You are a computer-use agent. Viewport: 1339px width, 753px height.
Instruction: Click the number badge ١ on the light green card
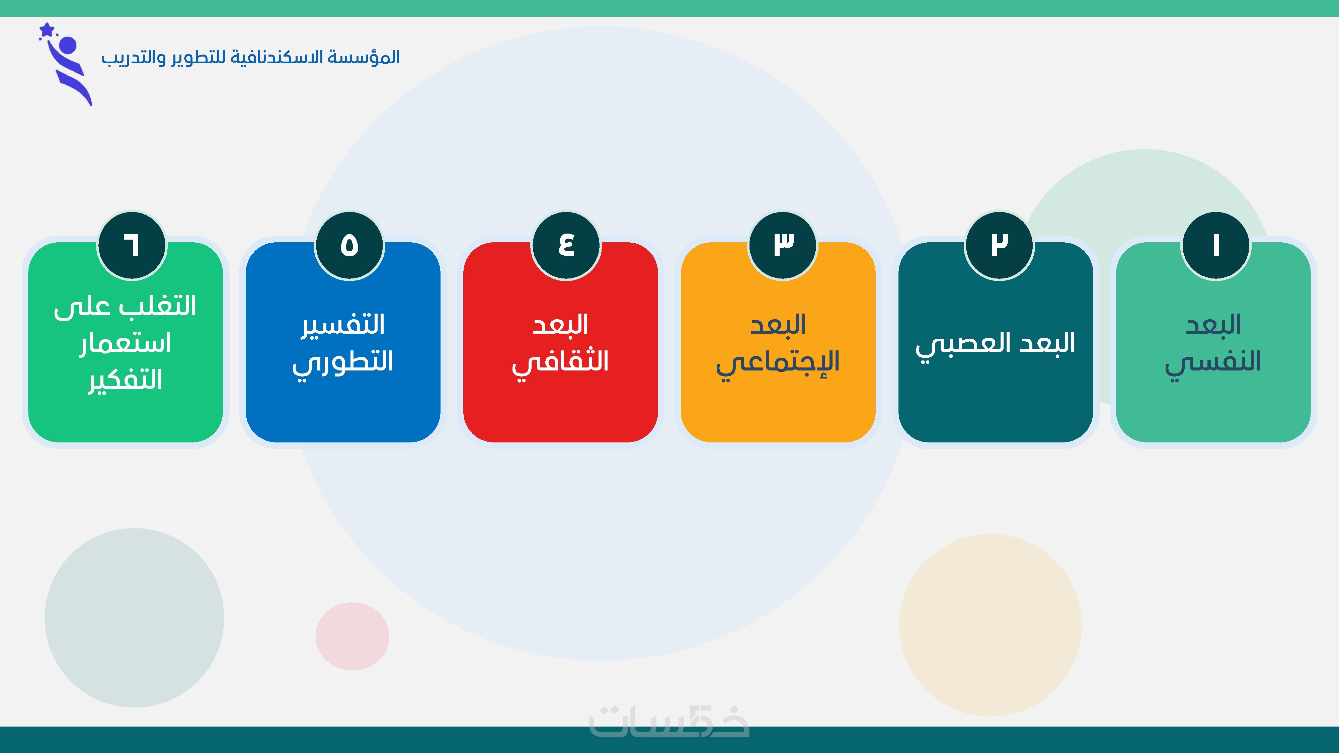[x=1216, y=245]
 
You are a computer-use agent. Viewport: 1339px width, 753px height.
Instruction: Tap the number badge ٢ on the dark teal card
[x=999, y=245]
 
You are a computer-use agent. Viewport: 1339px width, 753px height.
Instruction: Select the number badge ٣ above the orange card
[x=783, y=245]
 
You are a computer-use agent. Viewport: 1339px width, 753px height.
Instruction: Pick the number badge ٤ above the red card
[x=566, y=245]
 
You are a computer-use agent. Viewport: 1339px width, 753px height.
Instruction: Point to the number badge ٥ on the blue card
[x=349, y=245]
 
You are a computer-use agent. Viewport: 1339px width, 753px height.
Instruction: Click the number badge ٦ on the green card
[x=132, y=245]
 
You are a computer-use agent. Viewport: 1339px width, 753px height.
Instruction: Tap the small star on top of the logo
[x=47, y=30]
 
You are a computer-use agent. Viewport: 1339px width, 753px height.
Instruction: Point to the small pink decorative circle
[x=352, y=636]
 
